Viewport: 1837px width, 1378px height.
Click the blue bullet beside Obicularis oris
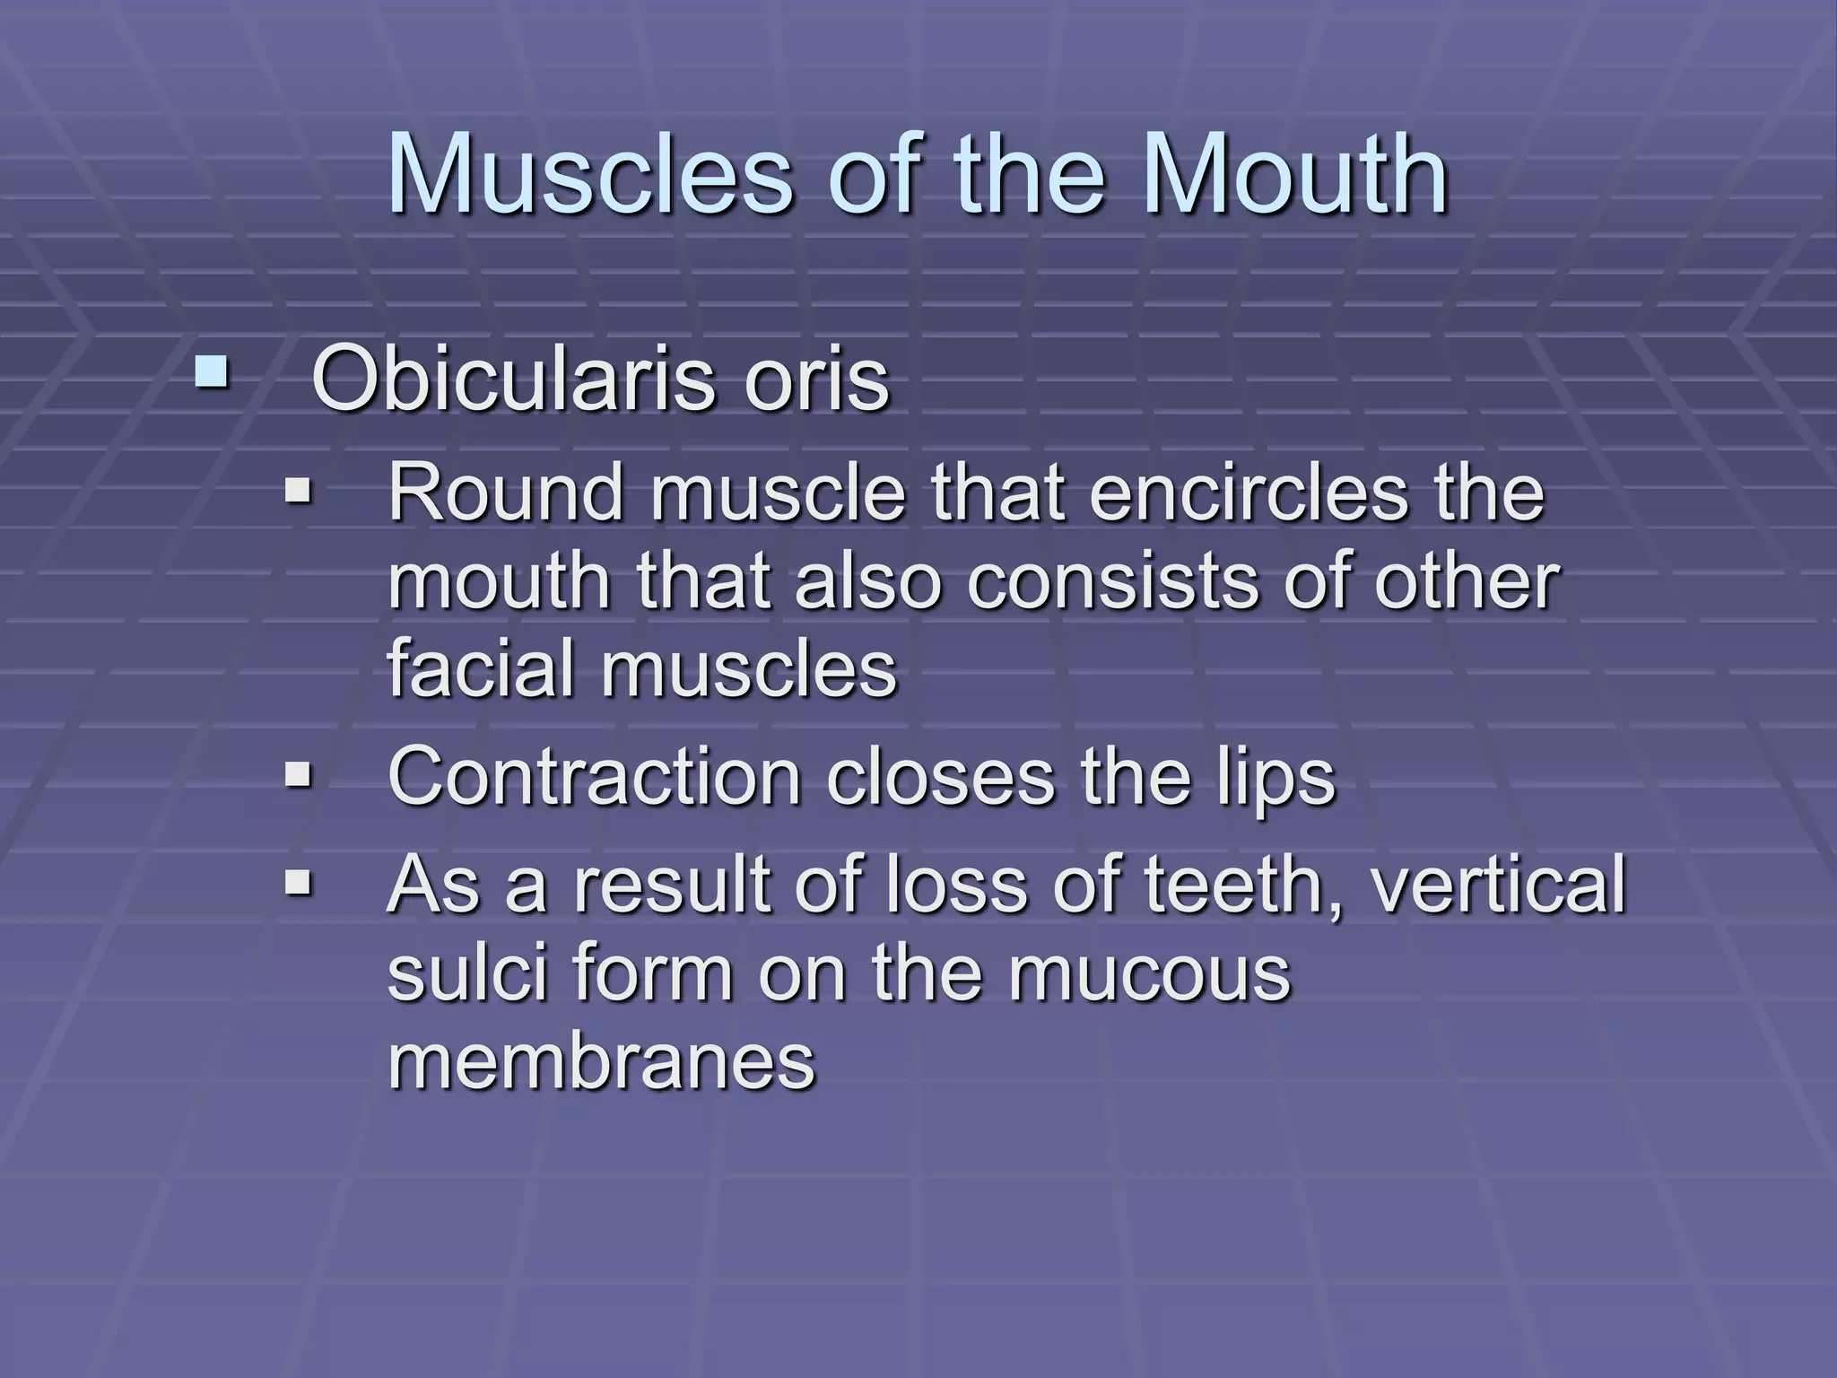(x=212, y=373)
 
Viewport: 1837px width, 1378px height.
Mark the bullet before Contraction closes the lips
(x=297, y=774)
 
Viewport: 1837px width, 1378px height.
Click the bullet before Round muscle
(x=297, y=491)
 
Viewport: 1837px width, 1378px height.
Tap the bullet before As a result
(x=297, y=885)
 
